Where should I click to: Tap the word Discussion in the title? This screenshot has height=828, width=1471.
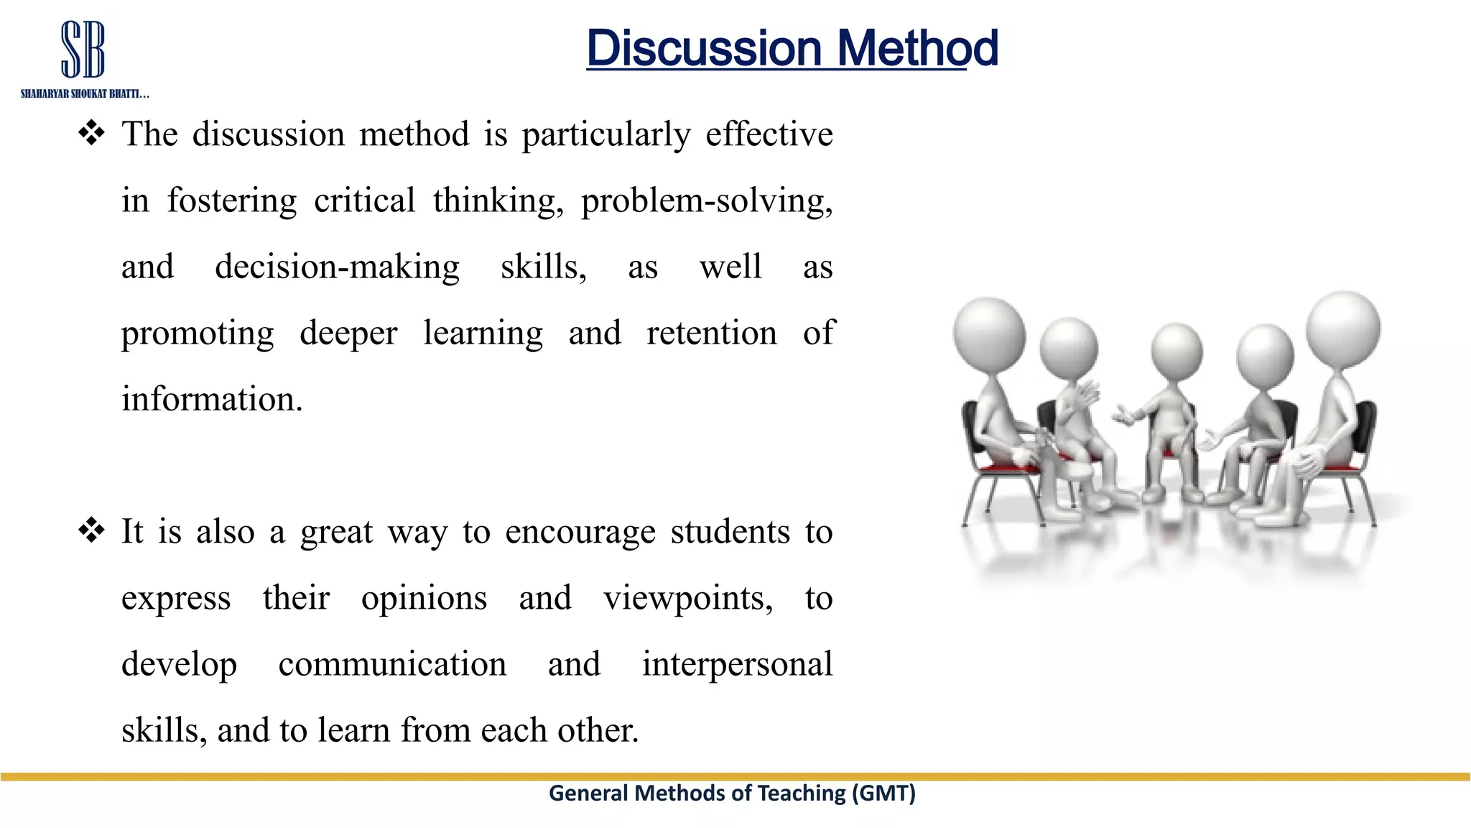pos(703,49)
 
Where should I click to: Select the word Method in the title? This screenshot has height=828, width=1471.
pos(917,49)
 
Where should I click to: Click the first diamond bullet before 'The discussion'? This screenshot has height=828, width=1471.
pos(91,134)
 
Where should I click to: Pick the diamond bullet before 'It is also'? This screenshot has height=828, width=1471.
pos(91,531)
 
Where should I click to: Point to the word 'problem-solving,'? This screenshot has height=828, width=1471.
pos(707,201)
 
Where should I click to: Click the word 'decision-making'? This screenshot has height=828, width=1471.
pos(337,267)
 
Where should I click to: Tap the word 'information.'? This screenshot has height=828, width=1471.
pos(212,399)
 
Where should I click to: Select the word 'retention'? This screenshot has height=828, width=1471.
pos(711,333)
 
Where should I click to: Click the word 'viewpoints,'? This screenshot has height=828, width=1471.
pos(687,598)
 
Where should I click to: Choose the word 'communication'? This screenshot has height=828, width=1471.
pos(392,663)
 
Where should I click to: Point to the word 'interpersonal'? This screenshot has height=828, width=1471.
pos(737,663)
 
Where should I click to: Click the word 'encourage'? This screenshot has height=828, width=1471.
pos(580,533)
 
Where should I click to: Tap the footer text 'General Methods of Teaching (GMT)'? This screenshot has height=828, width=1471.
pos(732,793)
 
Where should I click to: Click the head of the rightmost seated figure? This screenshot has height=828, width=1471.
pos(1342,329)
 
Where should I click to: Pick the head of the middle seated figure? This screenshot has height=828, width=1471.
pos(1176,351)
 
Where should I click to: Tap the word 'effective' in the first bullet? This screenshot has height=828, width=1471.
pos(769,134)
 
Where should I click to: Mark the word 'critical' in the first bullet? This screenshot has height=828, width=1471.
pos(364,201)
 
